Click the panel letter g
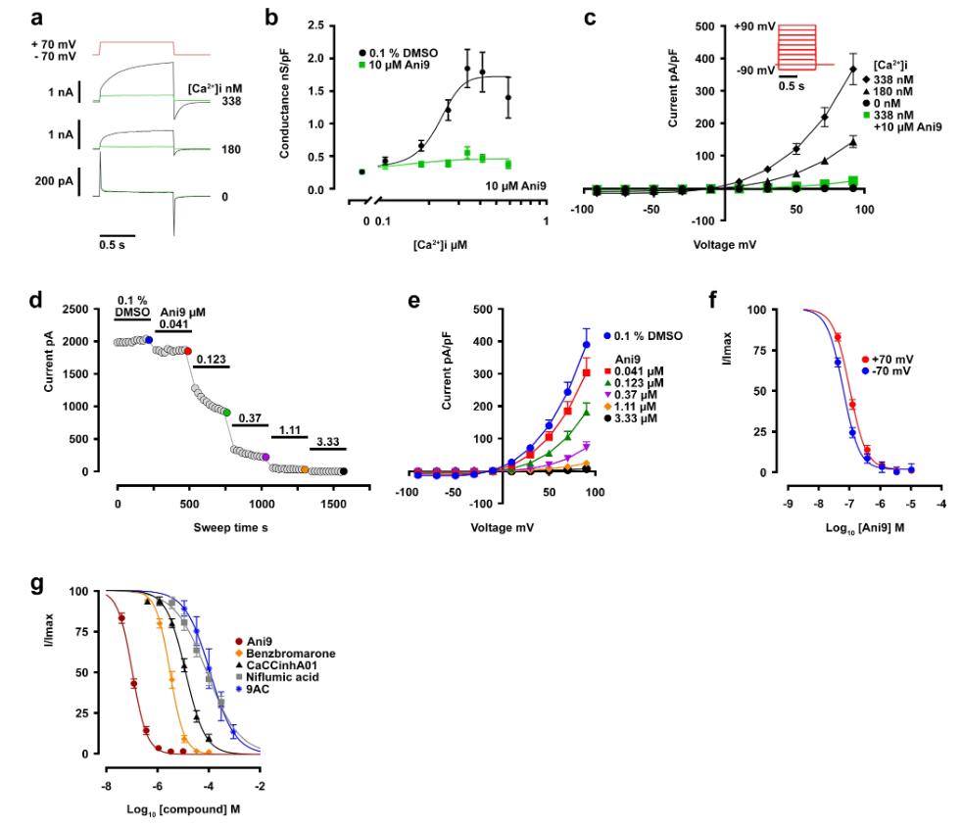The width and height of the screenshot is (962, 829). [x=36, y=585]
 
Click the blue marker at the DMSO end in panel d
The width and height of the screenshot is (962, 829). [x=148, y=339]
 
